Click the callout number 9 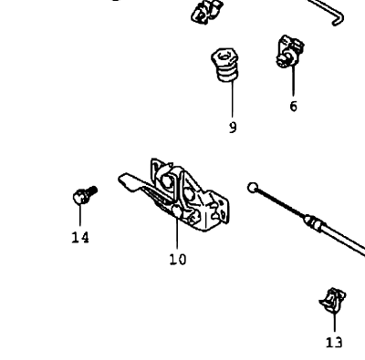pos(233,128)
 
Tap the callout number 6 pos(293,107)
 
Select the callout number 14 pos(80,237)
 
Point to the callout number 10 pos(178,260)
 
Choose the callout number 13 pos(334,343)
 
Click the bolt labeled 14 pos(85,195)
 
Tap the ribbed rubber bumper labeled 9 pos(224,65)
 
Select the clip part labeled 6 pos(289,51)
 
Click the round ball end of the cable pos(253,188)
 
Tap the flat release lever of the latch pos(130,181)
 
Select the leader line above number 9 pos(233,98)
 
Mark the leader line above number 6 pos(293,80)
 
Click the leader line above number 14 pos(80,215)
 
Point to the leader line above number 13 pos(335,322)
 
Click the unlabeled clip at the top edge pos(207,12)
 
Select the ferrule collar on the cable pos(313,223)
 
